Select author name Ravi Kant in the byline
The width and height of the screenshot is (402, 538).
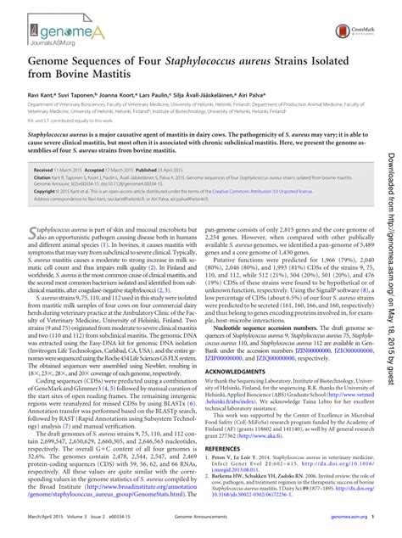coord(40,111)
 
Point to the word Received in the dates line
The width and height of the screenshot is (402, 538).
coord(43,171)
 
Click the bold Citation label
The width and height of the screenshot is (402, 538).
coord(42,177)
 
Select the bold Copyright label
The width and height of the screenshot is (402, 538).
coord(44,192)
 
